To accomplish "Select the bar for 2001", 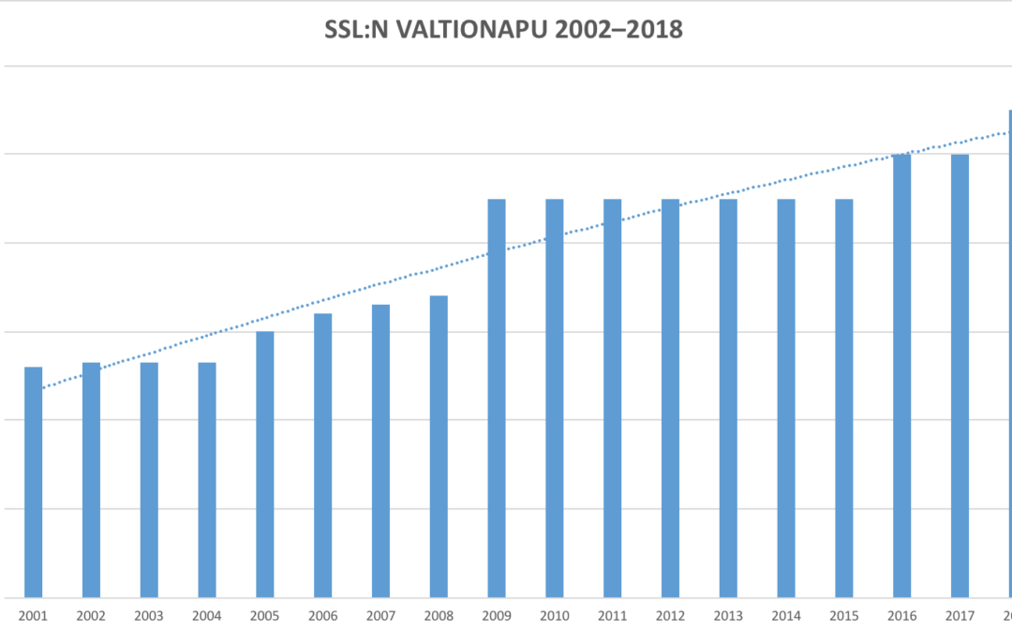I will (34, 482).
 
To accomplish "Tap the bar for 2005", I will (265, 464).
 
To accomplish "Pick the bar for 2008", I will (439, 446).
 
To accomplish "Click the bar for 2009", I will (497, 399).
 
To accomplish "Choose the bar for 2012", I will (670, 399).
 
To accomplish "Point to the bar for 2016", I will (901, 375).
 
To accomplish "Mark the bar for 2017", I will (960, 375).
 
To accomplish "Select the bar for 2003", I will (149, 480).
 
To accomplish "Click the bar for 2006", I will (323, 455).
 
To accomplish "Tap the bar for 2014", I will (786, 399).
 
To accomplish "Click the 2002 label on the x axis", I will (91, 616).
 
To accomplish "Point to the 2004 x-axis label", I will (207, 616).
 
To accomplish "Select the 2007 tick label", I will (380, 616).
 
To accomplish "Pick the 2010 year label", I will (555, 616).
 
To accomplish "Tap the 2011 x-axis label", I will (613, 616).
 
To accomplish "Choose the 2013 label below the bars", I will (728, 616).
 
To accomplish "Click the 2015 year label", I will (844, 616).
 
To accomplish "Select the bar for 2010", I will (555, 399).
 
